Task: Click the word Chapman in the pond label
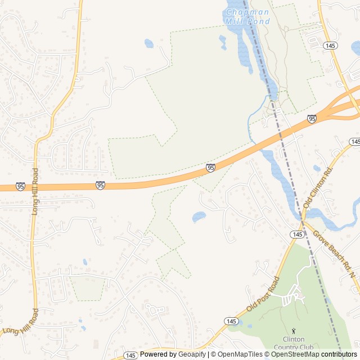[x=248, y=12]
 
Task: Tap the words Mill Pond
[x=247, y=21]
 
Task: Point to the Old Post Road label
[x=263, y=295]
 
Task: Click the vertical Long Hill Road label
[x=35, y=191]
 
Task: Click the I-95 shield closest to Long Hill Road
[x=20, y=186]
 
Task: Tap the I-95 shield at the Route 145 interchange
[x=312, y=118]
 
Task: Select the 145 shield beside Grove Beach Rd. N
[x=298, y=233]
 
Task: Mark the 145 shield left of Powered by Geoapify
[x=130, y=355]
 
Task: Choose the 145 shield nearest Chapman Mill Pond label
[x=331, y=45]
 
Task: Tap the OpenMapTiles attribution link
[x=240, y=354]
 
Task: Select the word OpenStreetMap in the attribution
[x=295, y=354]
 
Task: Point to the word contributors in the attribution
[x=339, y=354]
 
